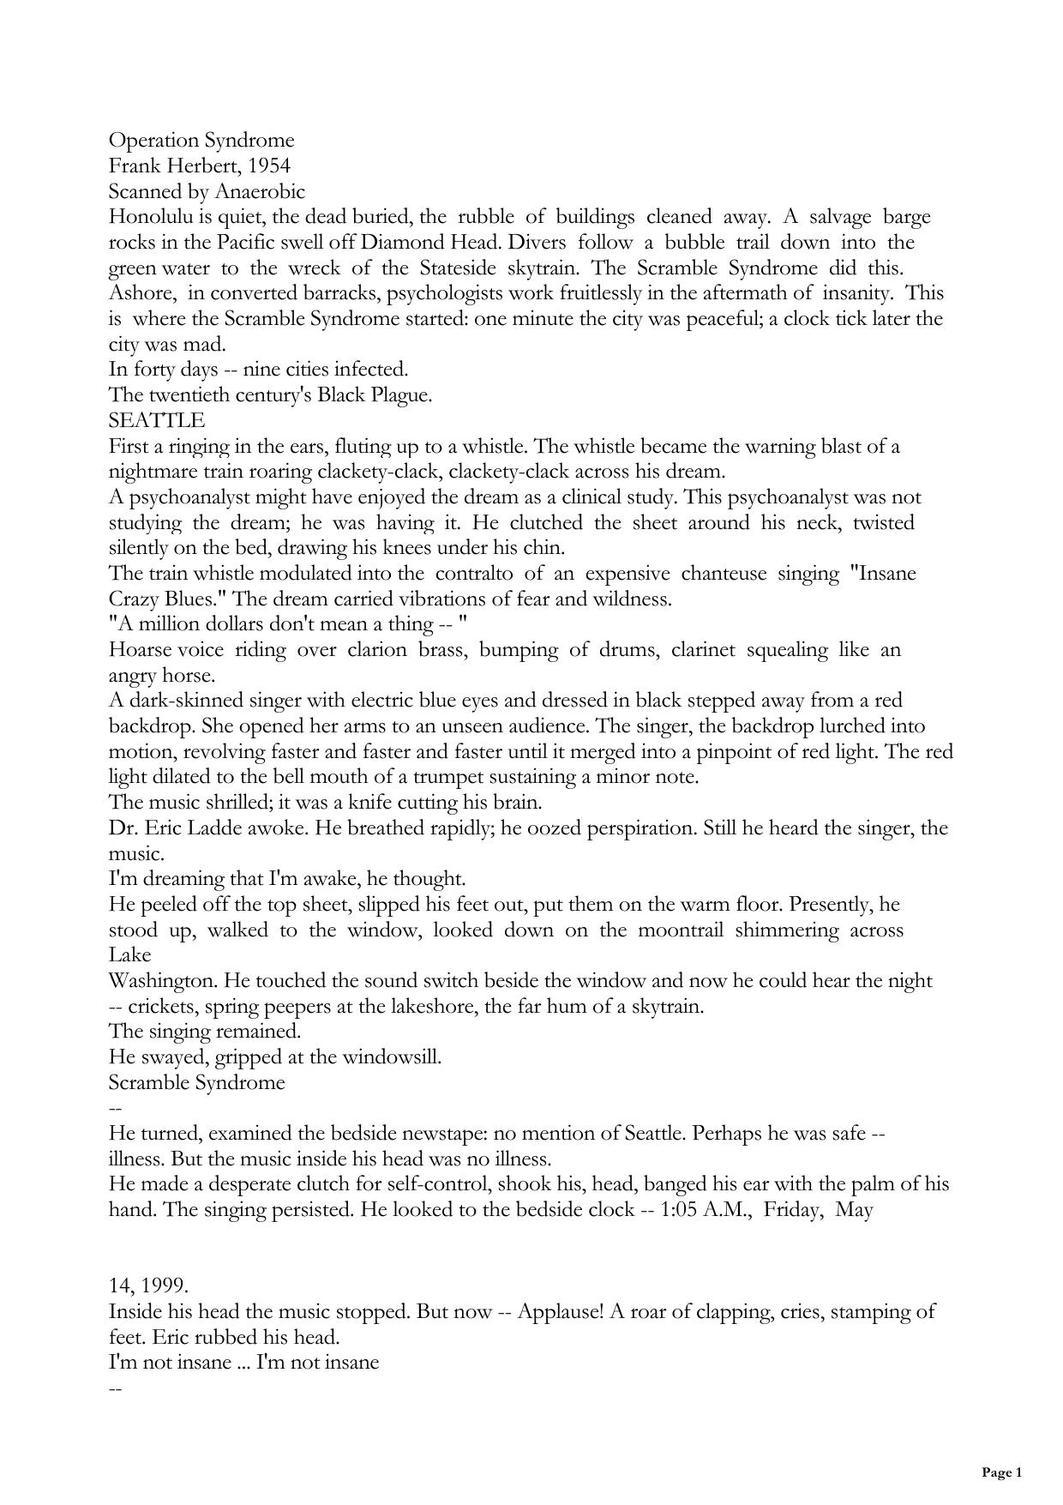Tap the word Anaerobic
pos(259,191)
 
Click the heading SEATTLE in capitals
pos(157,421)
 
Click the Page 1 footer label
pos(1001,1473)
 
